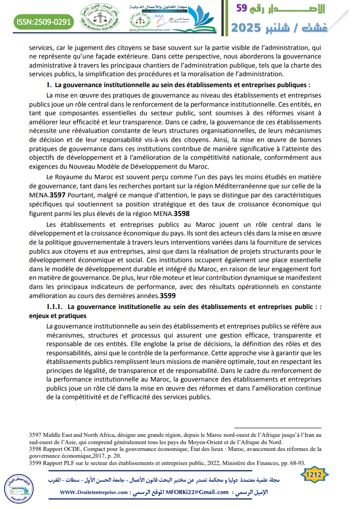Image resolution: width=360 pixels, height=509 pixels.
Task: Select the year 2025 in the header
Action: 248,28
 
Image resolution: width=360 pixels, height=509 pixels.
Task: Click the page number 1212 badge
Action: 315,475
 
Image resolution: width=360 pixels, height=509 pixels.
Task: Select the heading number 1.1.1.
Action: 55,307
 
